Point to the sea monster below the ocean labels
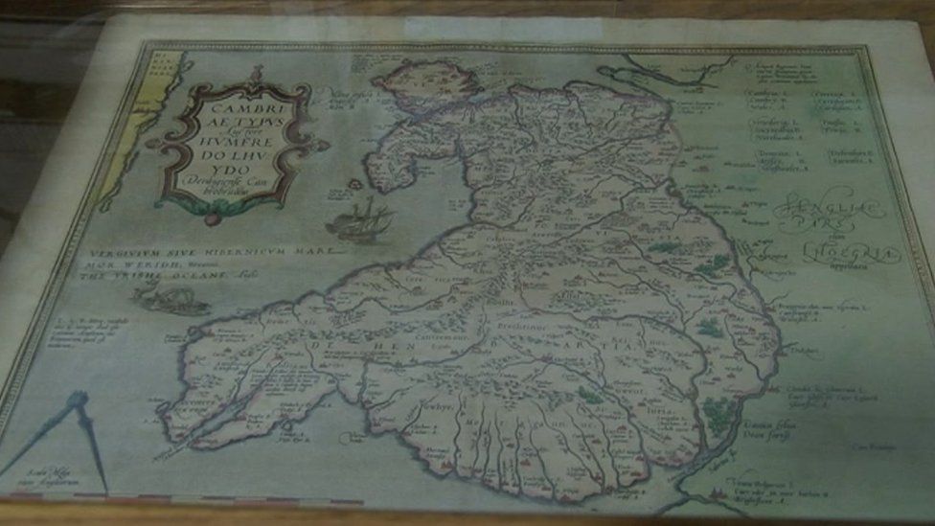pyautogui.click(x=172, y=298)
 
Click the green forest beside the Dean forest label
pyautogui.click(x=720, y=414)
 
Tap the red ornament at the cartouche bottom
pyautogui.click(x=213, y=218)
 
